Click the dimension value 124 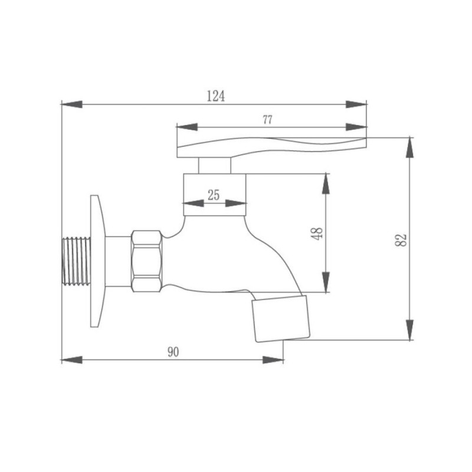tap(216, 96)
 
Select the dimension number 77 tap(267, 120)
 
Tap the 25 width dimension tap(214, 195)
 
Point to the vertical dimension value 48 tap(317, 234)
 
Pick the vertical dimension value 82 tap(401, 240)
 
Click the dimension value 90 tap(173, 352)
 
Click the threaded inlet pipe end tap(76, 261)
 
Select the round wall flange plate tap(98, 261)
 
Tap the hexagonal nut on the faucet tap(146, 261)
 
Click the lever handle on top tap(272, 147)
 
